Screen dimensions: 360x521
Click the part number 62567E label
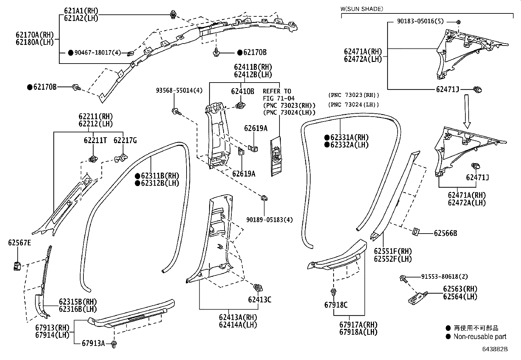(x=19, y=243)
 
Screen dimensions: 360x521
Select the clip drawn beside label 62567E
(x=17, y=266)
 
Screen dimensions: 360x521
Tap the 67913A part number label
(x=93, y=343)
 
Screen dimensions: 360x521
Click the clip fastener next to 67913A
(x=114, y=344)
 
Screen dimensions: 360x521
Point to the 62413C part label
(x=260, y=300)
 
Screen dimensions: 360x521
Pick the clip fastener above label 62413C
(x=258, y=288)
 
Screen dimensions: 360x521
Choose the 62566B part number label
(x=445, y=233)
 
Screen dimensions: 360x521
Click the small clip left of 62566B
(x=415, y=231)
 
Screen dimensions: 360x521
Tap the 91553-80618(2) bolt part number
(x=444, y=276)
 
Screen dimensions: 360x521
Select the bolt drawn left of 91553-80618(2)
(x=403, y=279)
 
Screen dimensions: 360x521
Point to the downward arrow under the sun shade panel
(x=467, y=111)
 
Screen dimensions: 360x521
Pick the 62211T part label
(x=95, y=141)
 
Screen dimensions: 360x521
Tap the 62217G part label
(x=125, y=141)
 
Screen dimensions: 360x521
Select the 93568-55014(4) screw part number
(x=179, y=91)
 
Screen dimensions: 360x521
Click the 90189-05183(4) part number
(x=270, y=219)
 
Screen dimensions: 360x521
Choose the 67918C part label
(x=336, y=305)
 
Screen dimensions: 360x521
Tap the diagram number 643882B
(x=494, y=349)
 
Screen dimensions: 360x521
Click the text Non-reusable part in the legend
(x=479, y=336)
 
